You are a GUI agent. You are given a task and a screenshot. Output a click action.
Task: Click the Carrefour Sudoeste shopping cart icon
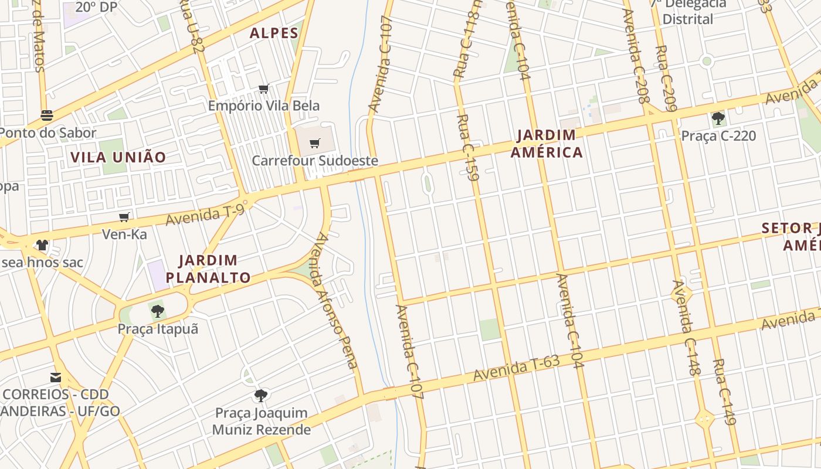click(315, 143)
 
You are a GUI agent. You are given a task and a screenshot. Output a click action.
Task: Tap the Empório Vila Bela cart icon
click(263, 89)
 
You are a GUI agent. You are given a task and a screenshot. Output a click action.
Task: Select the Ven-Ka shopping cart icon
click(124, 217)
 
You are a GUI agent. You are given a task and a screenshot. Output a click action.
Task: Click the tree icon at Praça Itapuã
click(157, 311)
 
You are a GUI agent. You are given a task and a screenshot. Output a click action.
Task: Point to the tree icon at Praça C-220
click(718, 118)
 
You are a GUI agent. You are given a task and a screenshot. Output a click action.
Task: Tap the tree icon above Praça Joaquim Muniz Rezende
click(261, 396)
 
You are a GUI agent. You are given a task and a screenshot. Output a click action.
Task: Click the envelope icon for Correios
click(56, 377)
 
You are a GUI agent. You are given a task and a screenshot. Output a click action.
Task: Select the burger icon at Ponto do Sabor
click(47, 115)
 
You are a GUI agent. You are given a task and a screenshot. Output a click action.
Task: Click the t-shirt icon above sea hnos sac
click(42, 244)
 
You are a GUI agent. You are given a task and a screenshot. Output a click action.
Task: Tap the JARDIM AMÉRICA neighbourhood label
click(547, 144)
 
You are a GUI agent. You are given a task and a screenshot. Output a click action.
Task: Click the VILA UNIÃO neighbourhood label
click(118, 157)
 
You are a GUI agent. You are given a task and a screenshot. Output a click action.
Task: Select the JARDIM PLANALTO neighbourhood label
click(208, 269)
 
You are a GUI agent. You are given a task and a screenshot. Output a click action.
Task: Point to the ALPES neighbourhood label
click(274, 33)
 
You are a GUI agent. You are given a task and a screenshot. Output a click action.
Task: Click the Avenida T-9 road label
click(205, 215)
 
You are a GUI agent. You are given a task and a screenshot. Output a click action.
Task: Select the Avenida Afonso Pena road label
click(336, 301)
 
